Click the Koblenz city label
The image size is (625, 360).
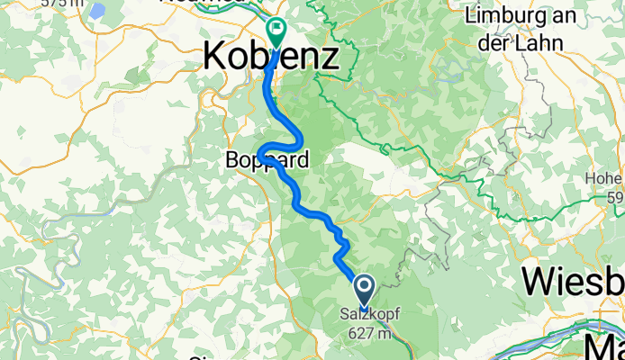point(271,58)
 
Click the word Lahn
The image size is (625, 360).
point(539,42)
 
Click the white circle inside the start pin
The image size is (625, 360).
point(365,287)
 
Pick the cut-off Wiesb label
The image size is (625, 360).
point(573,282)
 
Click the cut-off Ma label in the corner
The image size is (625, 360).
point(604,347)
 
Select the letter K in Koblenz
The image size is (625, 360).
point(214,58)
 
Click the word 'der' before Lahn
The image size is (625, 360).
point(500,42)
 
